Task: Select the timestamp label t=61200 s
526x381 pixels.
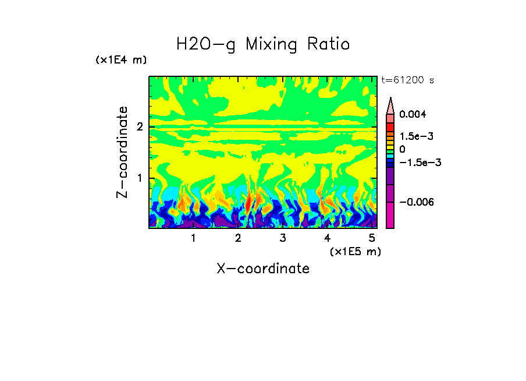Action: click(407, 80)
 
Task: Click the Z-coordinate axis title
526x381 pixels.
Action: click(122, 152)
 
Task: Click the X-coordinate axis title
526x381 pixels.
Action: click(263, 269)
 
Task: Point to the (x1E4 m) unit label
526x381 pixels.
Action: click(121, 60)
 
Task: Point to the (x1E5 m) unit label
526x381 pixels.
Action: click(355, 251)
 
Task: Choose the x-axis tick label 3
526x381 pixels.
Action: click(283, 238)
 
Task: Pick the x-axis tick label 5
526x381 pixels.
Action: click(372, 238)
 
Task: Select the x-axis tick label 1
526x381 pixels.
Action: click(193, 238)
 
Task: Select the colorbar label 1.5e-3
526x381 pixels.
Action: click(413, 136)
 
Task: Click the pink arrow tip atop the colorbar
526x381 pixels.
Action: click(390, 105)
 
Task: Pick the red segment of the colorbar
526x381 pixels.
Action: click(390, 126)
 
